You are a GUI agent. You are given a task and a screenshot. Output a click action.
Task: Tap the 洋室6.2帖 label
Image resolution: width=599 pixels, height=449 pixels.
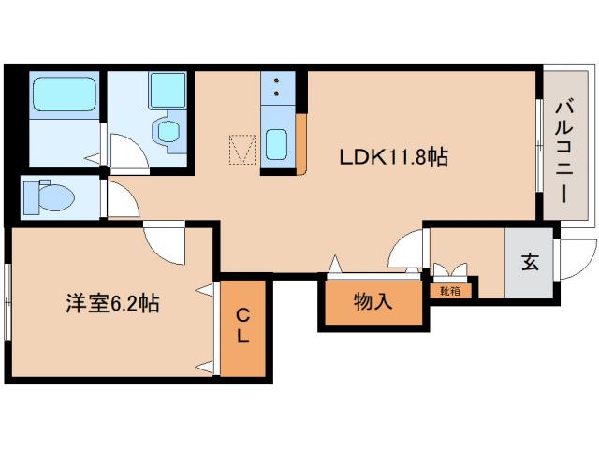click(111, 303)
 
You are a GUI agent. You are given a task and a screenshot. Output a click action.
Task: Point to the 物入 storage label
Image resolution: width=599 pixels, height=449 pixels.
click(373, 302)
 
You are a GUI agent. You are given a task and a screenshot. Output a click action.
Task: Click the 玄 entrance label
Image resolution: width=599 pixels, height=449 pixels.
click(530, 263)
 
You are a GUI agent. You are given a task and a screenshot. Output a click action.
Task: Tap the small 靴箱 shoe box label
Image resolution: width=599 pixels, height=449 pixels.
click(449, 290)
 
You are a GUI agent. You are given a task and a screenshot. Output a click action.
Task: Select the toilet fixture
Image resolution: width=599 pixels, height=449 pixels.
click(48, 196)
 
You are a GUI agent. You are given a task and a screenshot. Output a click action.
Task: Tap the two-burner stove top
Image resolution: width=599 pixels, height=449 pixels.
click(278, 87)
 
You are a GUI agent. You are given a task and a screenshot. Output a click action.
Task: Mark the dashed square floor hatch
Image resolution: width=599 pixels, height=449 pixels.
click(243, 150)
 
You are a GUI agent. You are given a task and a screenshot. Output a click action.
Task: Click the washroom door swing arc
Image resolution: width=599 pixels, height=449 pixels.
click(126, 150)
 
